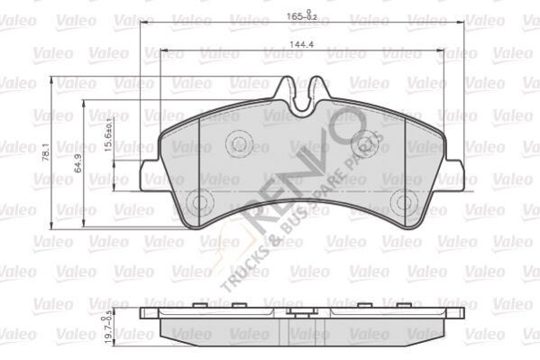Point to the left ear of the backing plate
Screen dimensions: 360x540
[x=151, y=178]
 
